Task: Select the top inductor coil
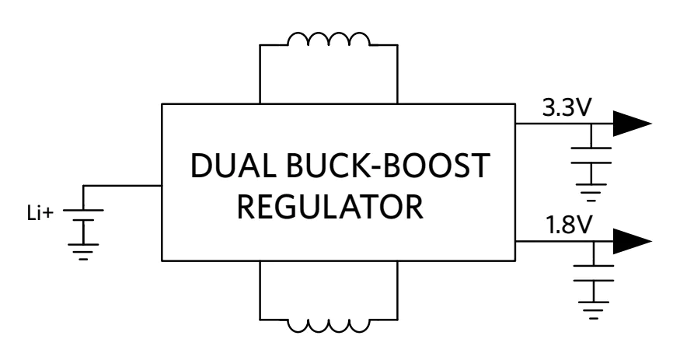(329, 41)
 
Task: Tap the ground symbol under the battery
(82, 250)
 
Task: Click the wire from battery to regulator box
(124, 186)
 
